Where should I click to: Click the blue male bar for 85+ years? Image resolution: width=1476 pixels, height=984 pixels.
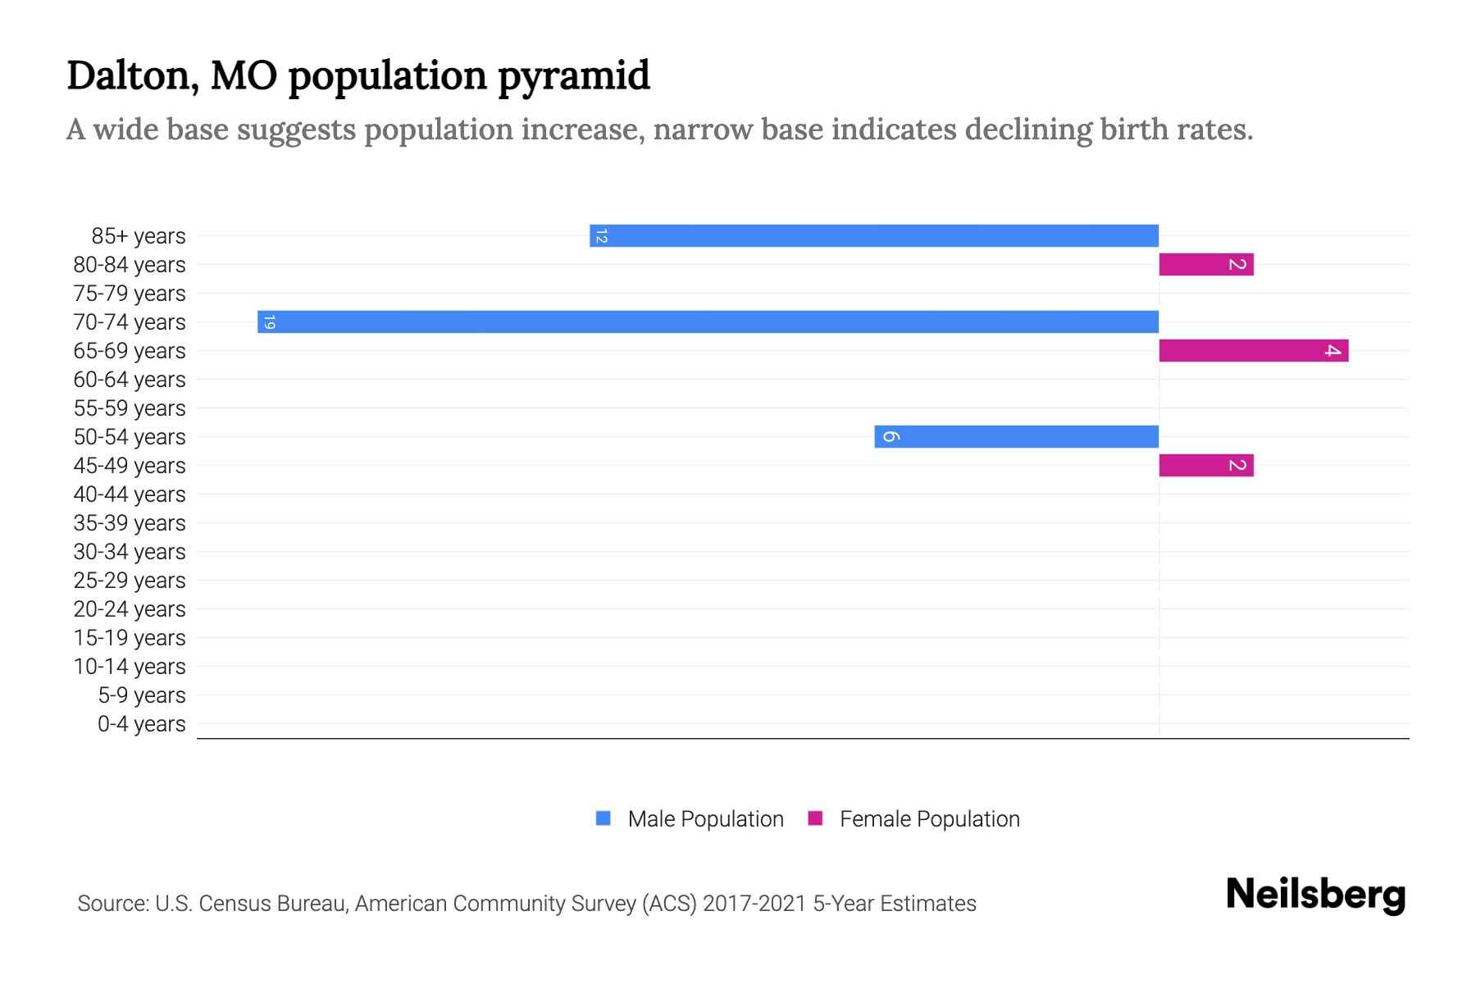[873, 236]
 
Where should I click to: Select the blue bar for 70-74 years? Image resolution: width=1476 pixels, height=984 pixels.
[708, 322]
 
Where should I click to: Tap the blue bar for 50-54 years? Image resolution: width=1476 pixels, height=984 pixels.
[1017, 437]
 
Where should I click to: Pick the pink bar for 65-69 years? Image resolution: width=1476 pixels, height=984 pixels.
[1253, 351]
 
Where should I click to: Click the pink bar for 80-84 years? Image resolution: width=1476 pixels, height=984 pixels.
[1205, 265]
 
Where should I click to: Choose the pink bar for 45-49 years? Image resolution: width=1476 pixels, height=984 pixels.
[1205, 466]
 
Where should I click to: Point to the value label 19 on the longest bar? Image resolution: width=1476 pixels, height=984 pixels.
[270, 322]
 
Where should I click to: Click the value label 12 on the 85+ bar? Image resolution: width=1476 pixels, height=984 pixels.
[601, 236]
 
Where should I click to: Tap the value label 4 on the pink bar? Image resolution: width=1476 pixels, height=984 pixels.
[1332, 351]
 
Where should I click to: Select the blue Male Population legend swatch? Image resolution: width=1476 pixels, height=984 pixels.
[604, 818]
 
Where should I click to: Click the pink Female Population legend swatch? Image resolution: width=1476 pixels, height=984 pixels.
[815, 818]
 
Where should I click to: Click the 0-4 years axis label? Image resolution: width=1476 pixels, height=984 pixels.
[141, 724]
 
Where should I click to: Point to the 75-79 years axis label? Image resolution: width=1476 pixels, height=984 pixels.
[130, 294]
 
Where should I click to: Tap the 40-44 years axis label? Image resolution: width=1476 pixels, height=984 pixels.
[130, 494]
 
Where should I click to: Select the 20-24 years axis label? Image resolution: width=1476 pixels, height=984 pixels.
[130, 609]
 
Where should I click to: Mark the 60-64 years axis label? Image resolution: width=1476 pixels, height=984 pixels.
[130, 380]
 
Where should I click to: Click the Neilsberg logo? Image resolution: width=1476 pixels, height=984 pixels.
[1315, 895]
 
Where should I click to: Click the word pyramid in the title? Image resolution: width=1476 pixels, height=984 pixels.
[574, 76]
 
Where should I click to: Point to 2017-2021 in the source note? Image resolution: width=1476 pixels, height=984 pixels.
[754, 904]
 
